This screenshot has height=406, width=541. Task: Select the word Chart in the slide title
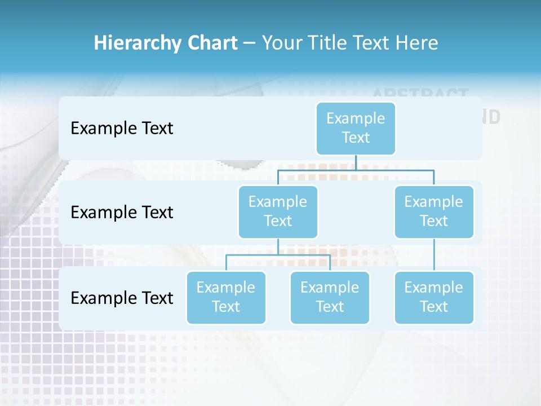pyautogui.click(x=211, y=43)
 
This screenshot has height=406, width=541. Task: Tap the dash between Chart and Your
pyautogui.click(x=250, y=43)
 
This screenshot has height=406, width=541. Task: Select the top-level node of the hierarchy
pyautogui.click(x=356, y=128)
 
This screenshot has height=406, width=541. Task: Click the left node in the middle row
pyautogui.click(x=278, y=211)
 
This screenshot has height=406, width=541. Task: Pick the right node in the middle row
pyautogui.click(x=434, y=211)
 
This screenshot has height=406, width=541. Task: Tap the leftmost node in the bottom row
pyautogui.click(x=226, y=297)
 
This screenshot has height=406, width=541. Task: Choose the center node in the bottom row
pyautogui.click(x=330, y=297)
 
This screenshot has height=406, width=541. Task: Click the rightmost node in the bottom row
pyautogui.click(x=434, y=297)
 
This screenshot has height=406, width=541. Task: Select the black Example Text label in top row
pyautogui.click(x=122, y=128)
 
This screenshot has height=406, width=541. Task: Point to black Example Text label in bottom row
pyautogui.click(x=122, y=298)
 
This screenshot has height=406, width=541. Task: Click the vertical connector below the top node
pyautogui.click(x=356, y=162)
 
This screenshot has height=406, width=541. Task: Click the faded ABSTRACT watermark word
pyautogui.click(x=420, y=94)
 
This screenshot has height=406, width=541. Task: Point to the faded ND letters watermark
pyautogui.click(x=491, y=117)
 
